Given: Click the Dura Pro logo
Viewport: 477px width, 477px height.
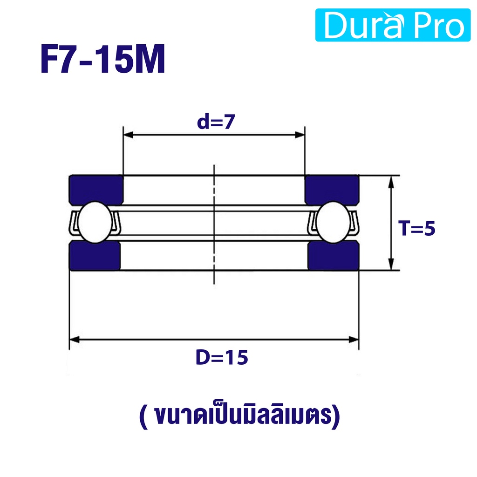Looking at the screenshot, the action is pyautogui.click(x=393, y=25).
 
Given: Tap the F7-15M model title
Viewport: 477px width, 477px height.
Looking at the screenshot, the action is pyautogui.click(x=103, y=59).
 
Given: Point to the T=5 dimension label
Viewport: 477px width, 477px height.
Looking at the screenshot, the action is pyautogui.click(x=417, y=228).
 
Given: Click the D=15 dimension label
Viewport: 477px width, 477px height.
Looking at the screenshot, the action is pyautogui.click(x=222, y=357).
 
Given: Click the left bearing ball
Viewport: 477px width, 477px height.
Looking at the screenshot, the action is pyautogui.click(x=95, y=222).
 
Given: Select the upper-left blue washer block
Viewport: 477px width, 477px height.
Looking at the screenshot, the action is pyautogui.click(x=96, y=190).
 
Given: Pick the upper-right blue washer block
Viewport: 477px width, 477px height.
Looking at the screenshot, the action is pyautogui.click(x=332, y=190).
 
